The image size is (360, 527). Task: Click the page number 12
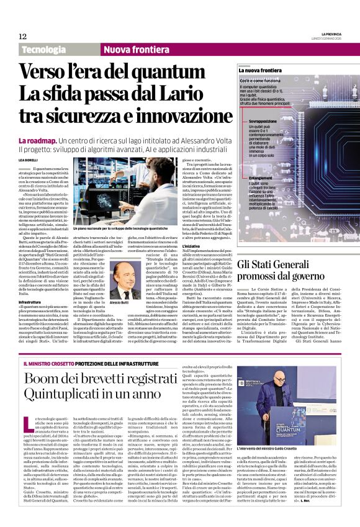(x=22, y=37)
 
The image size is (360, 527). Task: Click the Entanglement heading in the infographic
(x=261, y=178)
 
